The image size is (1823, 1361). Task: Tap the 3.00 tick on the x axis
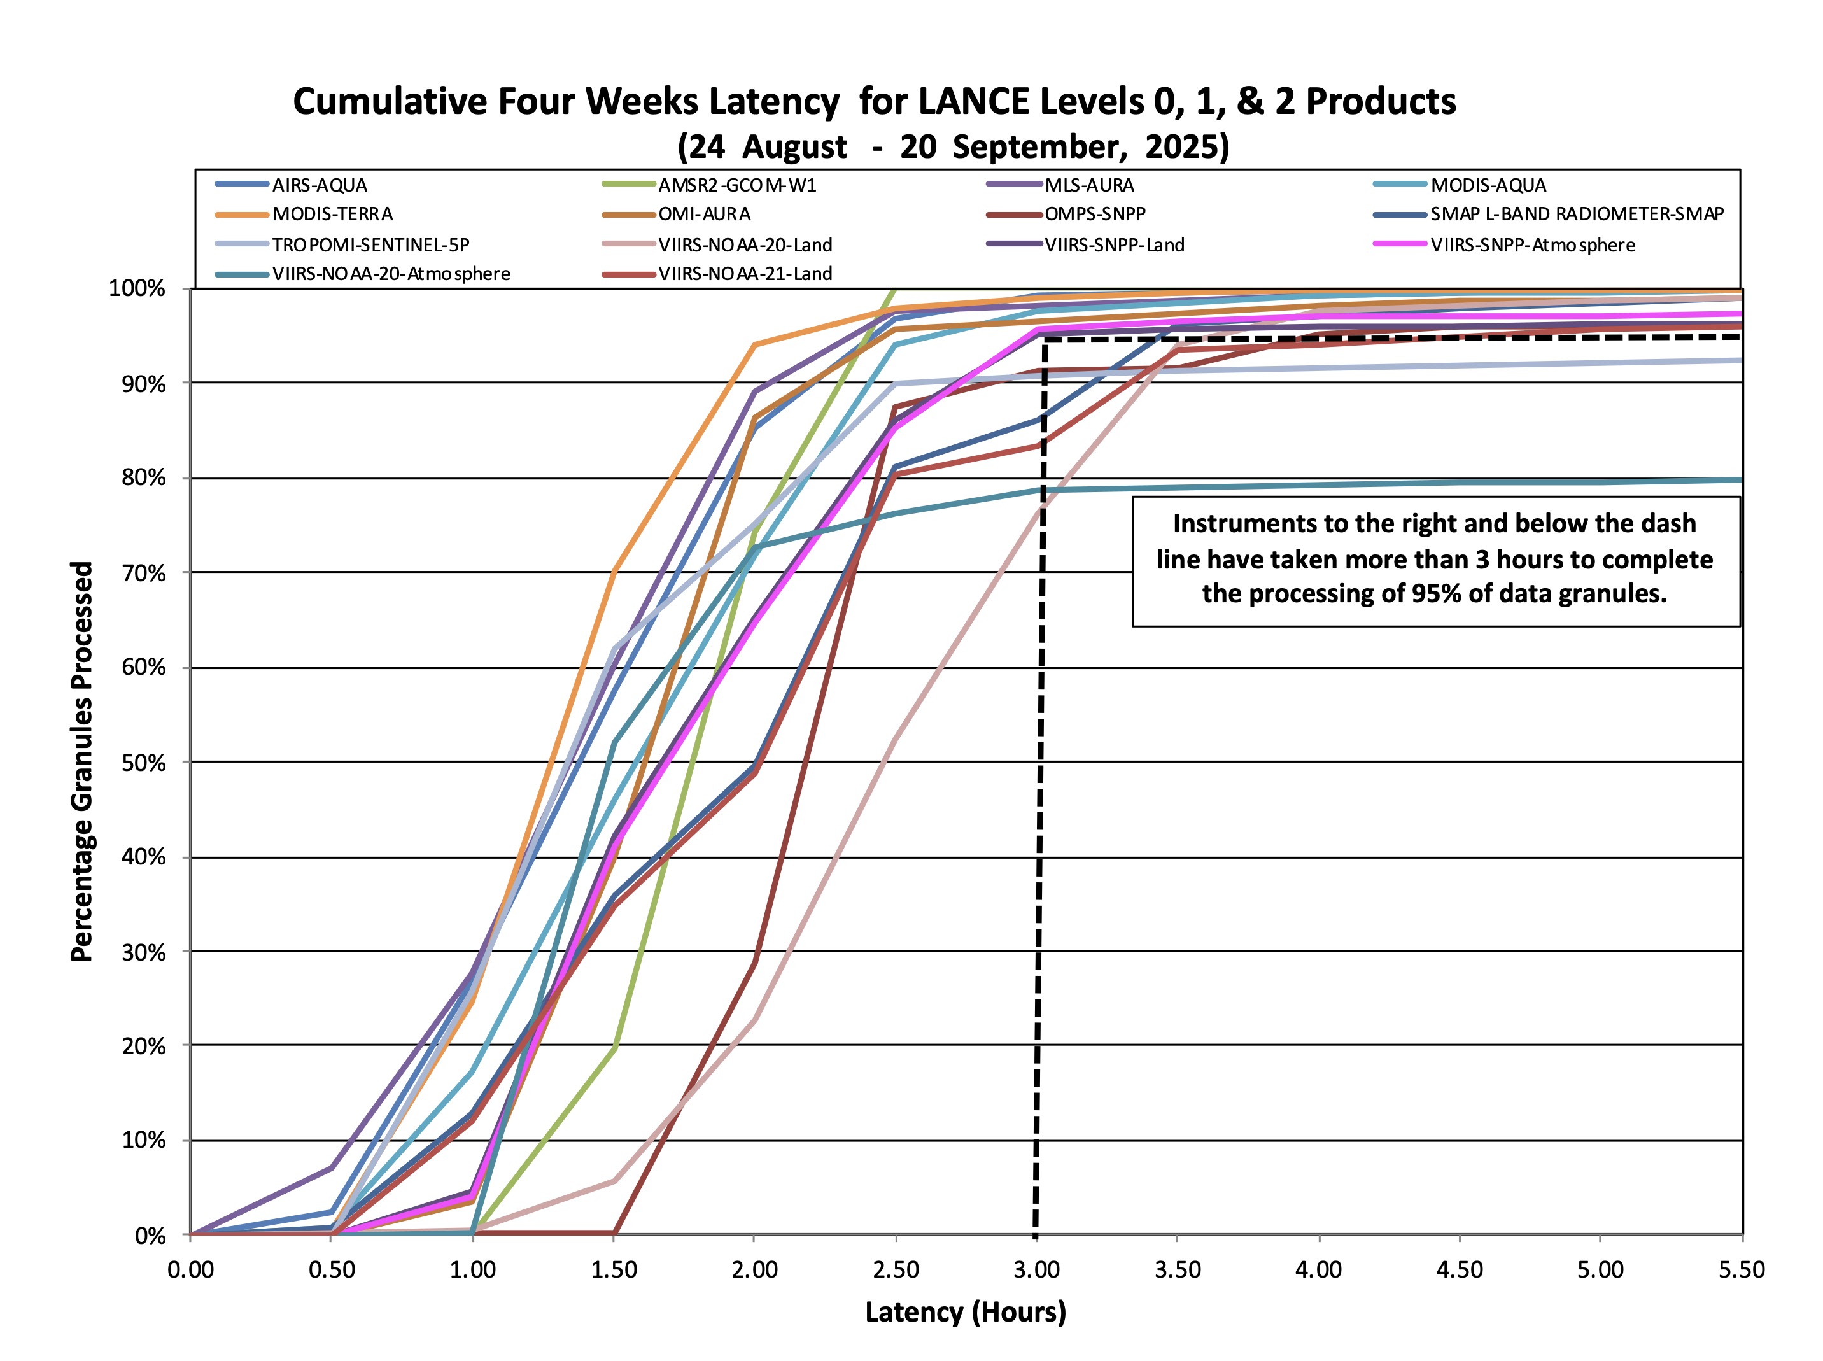click(1036, 1269)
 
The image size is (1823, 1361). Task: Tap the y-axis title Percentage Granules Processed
click(81, 761)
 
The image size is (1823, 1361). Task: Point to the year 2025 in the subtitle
click(1186, 146)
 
